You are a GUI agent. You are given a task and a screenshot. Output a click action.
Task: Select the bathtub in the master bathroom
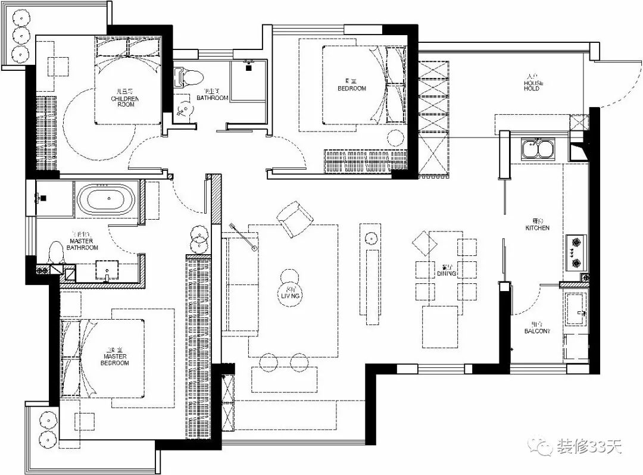click(x=108, y=199)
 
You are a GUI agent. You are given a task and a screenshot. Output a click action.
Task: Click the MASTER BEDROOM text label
click(x=114, y=360)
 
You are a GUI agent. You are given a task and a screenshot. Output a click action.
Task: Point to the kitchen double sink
click(x=538, y=148)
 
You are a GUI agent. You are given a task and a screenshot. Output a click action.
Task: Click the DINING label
click(x=447, y=272)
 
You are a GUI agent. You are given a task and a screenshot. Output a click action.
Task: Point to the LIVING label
click(x=291, y=293)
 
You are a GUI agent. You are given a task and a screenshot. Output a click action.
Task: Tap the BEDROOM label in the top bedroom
click(x=352, y=87)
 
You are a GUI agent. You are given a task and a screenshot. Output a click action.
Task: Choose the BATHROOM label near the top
click(x=213, y=96)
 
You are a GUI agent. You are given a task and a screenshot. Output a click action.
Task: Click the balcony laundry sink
click(x=576, y=310)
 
